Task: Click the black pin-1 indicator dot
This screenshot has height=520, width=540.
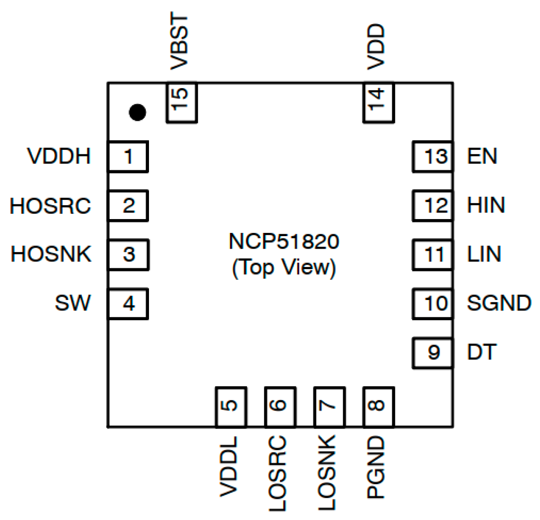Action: coord(137,112)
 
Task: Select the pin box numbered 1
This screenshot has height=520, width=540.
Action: coord(128,156)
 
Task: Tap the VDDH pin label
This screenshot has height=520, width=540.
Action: coord(59,156)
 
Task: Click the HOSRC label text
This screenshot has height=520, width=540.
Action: coord(51,206)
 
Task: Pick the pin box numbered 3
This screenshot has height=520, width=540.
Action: coord(128,254)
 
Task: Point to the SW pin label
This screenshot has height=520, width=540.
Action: coord(73,303)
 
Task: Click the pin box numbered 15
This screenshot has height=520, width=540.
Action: coord(181,102)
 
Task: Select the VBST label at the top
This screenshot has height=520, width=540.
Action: coord(179,42)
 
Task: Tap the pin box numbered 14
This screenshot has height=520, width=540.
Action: coord(378,102)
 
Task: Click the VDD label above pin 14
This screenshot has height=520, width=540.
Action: coord(376,47)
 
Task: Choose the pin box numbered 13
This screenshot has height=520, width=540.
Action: coord(433,156)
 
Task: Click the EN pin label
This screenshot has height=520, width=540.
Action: coord(482,156)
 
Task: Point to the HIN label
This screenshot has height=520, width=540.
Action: coord(486,205)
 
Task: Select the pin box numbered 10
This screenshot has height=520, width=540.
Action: coord(433,303)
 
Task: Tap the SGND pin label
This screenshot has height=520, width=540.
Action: coord(499,303)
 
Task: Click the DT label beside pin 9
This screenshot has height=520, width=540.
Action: coord(481,352)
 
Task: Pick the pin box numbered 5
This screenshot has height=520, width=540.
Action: coord(230,407)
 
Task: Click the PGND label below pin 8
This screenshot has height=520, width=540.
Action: coord(376,468)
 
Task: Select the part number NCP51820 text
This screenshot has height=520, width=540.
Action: coord(284,242)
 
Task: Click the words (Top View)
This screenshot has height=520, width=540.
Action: coord(284,268)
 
